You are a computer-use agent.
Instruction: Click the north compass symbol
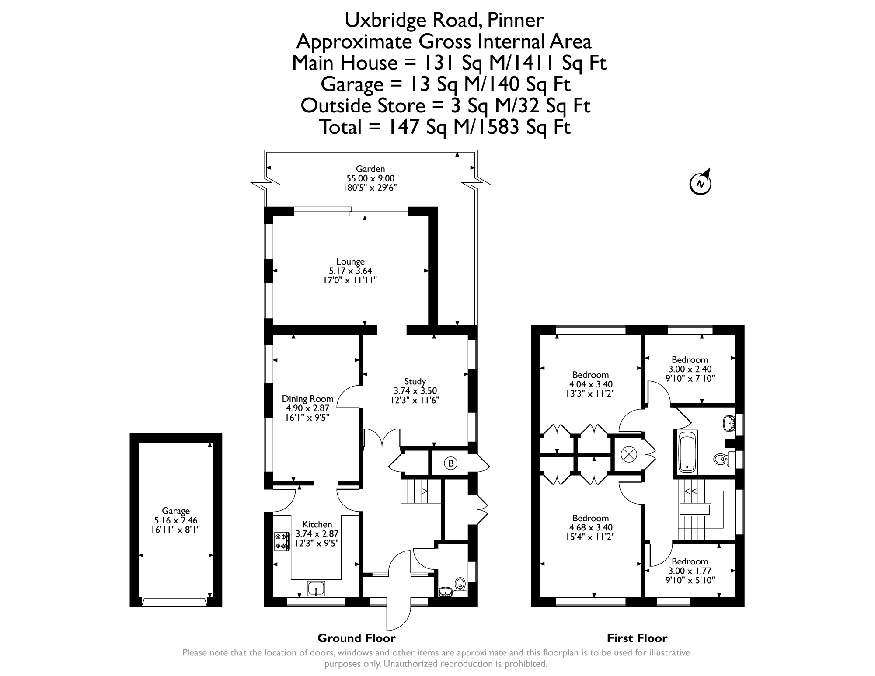701,183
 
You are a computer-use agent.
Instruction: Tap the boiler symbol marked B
451,463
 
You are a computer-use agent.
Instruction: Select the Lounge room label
350,261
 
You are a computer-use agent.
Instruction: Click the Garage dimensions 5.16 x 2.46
176,520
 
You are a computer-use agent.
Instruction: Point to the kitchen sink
316,588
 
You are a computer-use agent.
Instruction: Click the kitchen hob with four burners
282,541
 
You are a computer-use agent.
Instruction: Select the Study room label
415,381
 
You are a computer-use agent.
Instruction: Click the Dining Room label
307,399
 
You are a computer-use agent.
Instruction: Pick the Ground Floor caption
356,638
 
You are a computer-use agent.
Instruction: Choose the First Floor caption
637,638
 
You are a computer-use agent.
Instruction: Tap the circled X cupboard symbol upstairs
628,454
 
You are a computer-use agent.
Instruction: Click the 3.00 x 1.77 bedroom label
690,571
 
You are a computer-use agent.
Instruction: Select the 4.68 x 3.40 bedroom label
590,527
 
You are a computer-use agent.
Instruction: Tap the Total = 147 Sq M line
445,127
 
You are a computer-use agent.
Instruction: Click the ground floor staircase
415,491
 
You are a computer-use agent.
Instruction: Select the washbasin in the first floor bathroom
729,423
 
